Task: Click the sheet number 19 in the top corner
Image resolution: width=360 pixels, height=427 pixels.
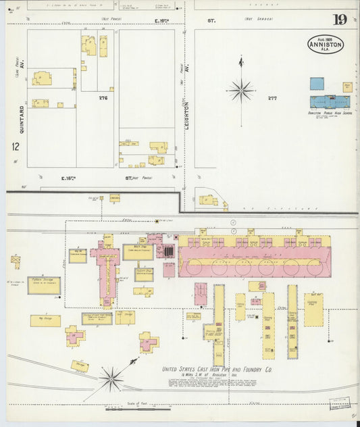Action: pos(339,20)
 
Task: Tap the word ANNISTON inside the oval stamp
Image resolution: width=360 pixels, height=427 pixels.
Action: pos(326,45)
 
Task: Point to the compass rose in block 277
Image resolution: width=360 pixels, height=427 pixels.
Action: pos(240,89)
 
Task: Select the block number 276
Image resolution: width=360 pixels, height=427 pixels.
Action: pos(103,98)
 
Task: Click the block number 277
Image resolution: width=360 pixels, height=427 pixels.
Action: pos(272,99)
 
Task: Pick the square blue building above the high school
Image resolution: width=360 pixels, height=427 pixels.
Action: pos(317,84)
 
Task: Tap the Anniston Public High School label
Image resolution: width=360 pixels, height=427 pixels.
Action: pos(330,113)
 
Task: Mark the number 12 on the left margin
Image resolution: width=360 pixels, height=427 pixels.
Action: pos(15,146)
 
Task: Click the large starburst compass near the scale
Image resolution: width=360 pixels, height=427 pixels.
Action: pos(111,378)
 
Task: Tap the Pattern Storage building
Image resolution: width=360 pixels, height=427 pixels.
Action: pos(44,285)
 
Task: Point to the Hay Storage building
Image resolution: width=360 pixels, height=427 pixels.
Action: pos(45,320)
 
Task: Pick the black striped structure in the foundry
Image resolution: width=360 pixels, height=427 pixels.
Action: pos(168,251)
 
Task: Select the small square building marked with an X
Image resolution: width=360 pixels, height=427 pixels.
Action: pos(15,259)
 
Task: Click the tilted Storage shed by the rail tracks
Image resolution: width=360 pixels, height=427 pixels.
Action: pos(80,366)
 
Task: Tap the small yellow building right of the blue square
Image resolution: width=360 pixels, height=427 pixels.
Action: pos(347,86)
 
